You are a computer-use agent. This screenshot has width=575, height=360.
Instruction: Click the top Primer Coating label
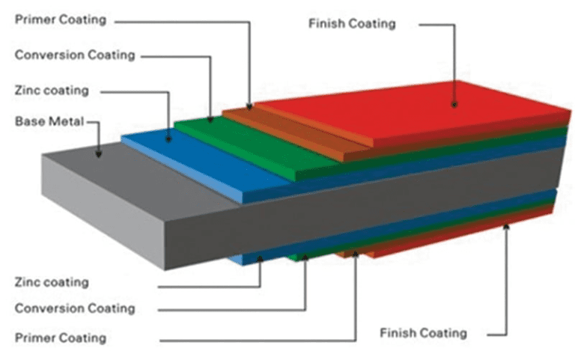[x=59, y=19]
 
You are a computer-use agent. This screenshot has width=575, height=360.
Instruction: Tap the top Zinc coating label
[x=52, y=91]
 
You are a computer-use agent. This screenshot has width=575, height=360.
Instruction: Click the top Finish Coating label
[x=351, y=23]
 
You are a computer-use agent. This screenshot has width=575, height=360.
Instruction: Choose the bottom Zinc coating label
[x=52, y=282]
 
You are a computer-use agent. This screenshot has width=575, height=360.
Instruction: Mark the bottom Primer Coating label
[x=60, y=338]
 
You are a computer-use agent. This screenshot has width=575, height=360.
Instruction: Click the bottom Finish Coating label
[x=423, y=332]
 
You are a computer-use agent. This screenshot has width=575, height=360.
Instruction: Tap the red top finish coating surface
[x=419, y=112]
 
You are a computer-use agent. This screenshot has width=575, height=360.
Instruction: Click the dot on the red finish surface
[x=454, y=104]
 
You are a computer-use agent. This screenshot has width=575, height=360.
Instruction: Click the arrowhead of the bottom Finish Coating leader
[x=507, y=225]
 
